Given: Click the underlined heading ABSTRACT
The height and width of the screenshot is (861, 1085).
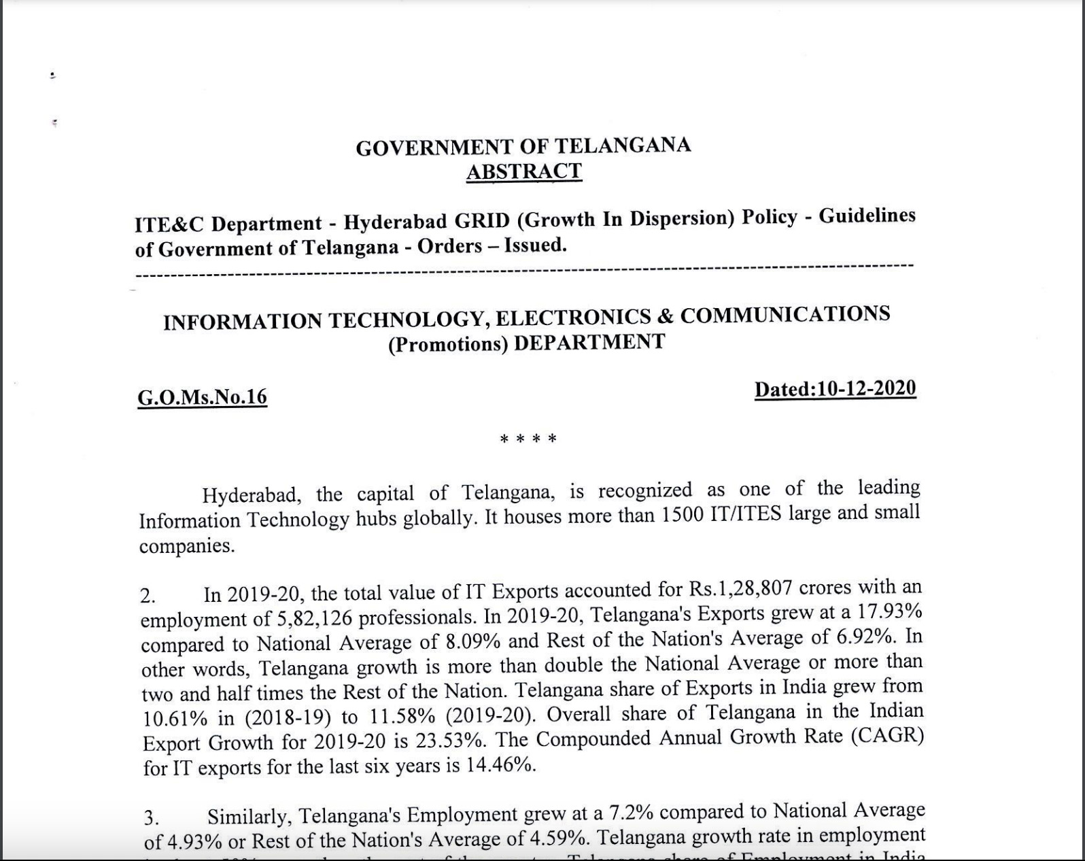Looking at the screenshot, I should click(x=523, y=171).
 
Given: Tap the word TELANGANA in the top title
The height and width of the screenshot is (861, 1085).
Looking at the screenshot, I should click(x=623, y=146).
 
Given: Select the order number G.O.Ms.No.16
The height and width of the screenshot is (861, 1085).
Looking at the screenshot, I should click(x=202, y=396).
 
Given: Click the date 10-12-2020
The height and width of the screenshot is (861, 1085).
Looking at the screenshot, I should click(x=867, y=388).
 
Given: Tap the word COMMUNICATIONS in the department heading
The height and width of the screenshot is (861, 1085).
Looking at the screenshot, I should click(x=785, y=315).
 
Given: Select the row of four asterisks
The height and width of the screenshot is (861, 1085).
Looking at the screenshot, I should click(x=528, y=439).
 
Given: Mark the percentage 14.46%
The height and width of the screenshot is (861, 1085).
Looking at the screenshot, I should click(x=500, y=766).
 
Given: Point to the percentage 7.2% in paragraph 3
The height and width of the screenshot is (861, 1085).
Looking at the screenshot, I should click(x=631, y=813).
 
